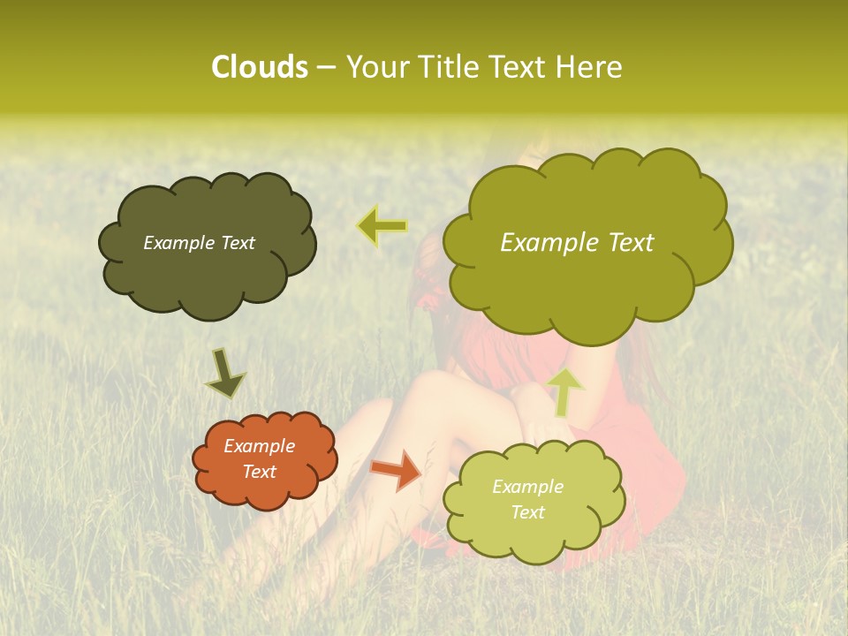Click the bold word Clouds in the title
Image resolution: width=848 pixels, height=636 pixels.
coord(259,67)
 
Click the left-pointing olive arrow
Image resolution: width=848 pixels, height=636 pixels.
coord(382,227)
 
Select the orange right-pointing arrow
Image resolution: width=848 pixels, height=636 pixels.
coord(397,469)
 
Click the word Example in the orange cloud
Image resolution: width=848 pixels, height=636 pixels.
coord(259,447)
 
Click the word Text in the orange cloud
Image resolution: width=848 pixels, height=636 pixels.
coord(259,473)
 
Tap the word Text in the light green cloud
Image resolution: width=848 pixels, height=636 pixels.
coord(527,512)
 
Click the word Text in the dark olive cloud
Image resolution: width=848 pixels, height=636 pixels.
coord(238,243)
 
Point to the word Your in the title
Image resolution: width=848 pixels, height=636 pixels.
coord(375,67)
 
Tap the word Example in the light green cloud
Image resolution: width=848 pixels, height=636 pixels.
coord(527,487)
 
